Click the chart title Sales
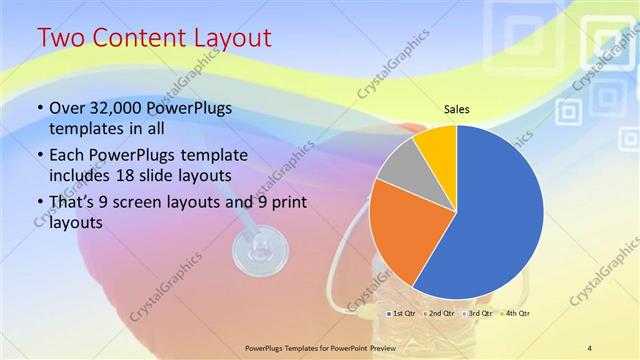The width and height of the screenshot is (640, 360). (456, 110)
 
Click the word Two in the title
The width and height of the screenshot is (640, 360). (62, 39)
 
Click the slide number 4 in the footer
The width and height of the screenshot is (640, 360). (589, 347)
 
